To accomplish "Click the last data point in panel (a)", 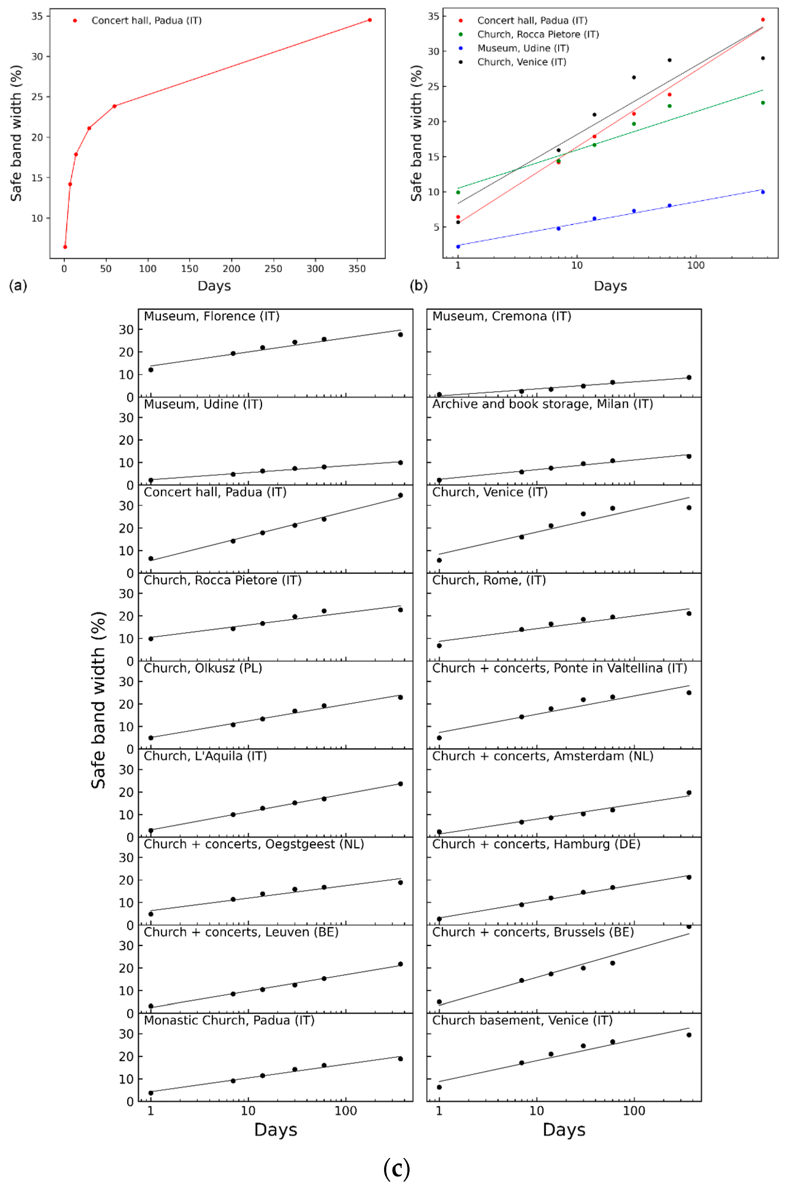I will click(369, 20).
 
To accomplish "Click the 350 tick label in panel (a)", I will click(357, 269).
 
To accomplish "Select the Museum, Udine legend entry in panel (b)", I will click(523, 48).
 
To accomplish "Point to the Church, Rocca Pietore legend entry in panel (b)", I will click(538, 34).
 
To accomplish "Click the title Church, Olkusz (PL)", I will click(203, 668).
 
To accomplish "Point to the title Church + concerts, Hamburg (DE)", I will click(536, 844).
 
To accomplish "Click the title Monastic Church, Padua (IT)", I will click(229, 1020).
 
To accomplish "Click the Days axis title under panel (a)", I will click(214, 286).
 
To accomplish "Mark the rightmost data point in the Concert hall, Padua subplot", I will click(400, 495).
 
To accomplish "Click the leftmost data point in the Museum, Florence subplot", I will click(151, 370).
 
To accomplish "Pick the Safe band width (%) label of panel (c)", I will click(99, 700).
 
